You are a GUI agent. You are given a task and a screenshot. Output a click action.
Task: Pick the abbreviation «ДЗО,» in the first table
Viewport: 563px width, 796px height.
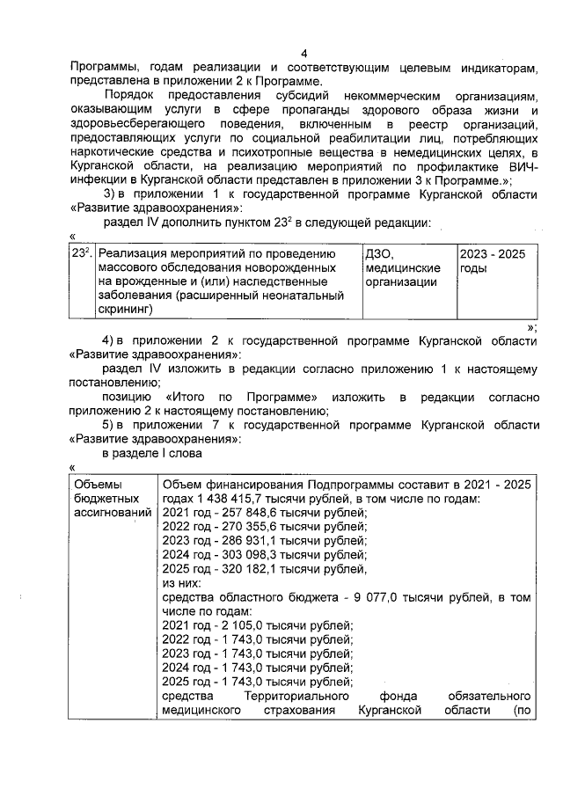(x=380, y=253)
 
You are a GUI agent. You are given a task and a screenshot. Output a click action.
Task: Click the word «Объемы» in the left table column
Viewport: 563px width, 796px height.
(x=95, y=485)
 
